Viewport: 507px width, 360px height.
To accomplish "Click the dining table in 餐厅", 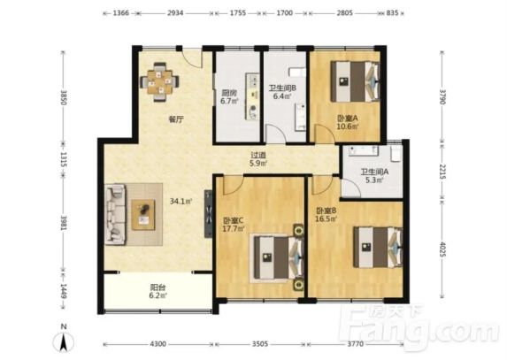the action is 159,81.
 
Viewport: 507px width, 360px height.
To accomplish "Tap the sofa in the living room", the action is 115,214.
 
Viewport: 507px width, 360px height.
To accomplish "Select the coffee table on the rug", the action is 143,215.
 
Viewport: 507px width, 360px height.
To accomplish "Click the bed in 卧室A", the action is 355,81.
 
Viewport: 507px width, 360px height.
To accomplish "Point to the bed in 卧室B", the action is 378,247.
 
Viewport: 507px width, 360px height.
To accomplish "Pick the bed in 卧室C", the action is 279,257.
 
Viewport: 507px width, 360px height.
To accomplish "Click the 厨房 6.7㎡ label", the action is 229,96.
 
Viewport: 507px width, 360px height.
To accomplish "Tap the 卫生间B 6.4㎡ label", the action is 282,92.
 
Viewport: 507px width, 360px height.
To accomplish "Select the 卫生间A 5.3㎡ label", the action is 375,176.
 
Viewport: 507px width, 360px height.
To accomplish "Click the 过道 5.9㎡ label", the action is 258,159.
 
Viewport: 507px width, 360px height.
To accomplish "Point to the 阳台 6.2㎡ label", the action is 158,291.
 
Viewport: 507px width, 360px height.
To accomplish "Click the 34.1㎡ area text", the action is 181,202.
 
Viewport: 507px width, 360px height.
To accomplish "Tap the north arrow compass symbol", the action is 64,340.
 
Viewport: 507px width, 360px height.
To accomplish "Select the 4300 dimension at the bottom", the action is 158,344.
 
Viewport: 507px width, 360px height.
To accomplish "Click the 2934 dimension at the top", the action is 175,13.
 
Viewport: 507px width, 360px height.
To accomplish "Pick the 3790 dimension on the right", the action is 442,96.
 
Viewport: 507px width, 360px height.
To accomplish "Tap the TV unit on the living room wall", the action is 209,214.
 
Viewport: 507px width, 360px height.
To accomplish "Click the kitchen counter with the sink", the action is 252,96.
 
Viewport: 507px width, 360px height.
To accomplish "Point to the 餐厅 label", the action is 176,119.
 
